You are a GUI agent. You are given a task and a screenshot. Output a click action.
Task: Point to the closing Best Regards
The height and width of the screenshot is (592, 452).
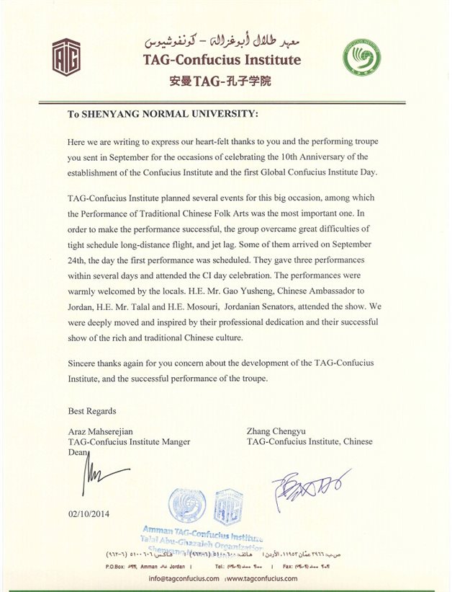pyautogui.click(x=92, y=411)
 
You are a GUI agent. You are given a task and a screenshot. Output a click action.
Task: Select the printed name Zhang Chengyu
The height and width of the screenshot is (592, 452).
pyautogui.click(x=276, y=430)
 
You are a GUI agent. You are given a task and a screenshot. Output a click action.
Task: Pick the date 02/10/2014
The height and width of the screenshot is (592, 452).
pyautogui.click(x=91, y=515)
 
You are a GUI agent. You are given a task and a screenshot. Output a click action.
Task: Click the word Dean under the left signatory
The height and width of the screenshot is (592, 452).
pyautogui.click(x=77, y=452)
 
